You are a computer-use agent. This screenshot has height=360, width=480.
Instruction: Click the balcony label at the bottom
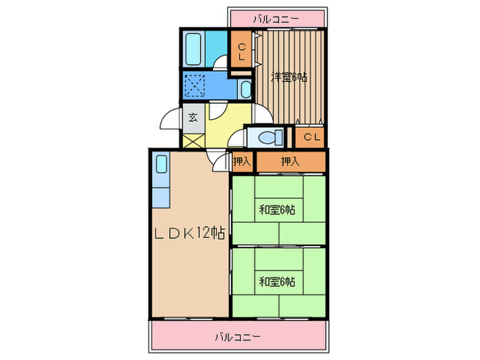pyautogui.click(x=237, y=337)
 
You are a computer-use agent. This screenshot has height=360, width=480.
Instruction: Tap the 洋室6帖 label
pyautogui.click(x=288, y=77)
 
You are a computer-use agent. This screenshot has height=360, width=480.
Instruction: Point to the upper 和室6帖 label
pyautogui.click(x=277, y=210)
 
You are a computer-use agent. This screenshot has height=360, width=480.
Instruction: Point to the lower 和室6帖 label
pyautogui.click(x=277, y=281)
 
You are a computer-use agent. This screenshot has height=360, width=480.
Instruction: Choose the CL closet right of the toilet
pyautogui.click(x=311, y=137)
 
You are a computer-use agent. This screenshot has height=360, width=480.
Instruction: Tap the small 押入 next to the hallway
pyautogui.click(x=241, y=162)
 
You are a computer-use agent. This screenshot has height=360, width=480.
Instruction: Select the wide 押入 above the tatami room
pyautogui.click(x=290, y=162)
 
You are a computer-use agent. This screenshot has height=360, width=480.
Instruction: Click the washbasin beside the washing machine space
pyautogui.click(x=245, y=89)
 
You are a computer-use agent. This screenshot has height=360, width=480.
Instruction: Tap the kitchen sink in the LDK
pyautogui.click(x=161, y=165)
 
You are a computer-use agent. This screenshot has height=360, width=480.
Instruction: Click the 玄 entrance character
pyautogui.click(x=193, y=118)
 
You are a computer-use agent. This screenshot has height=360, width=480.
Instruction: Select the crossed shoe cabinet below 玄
pyautogui.click(x=193, y=140)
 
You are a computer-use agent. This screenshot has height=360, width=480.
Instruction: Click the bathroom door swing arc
pyautogui.click(x=219, y=63)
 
